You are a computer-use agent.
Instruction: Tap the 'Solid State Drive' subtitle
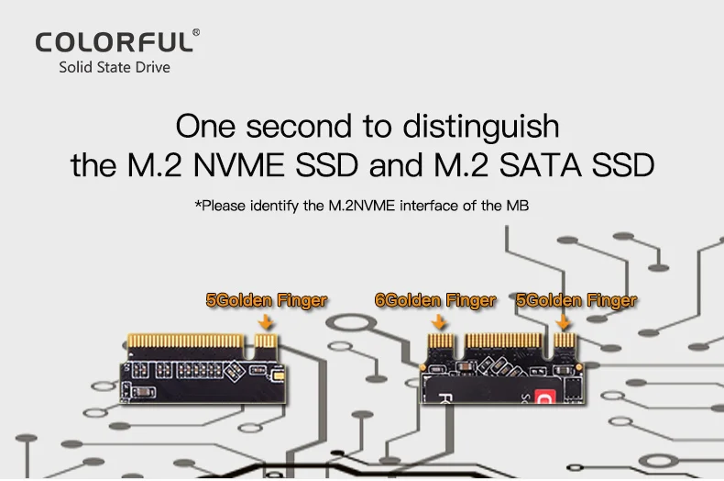click(x=115, y=67)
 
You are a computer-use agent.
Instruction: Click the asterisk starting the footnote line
click(x=197, y=206)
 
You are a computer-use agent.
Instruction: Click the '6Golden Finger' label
click(x=435, y=300)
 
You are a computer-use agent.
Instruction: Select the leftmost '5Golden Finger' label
click(x=266, y=300)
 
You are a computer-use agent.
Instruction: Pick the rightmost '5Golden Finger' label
click(x=576, y=300)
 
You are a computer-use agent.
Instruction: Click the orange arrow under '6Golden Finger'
click(x=438, y=322)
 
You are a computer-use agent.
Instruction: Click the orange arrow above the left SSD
click(x=267, y=322)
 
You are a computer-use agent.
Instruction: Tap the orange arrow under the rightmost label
click(x=564, y=322)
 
